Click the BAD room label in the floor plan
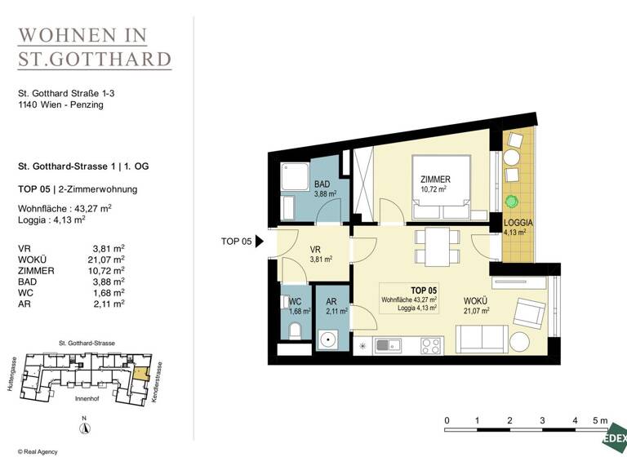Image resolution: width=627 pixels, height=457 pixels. point(322,185)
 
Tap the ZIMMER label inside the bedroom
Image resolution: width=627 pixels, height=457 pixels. point(435,180)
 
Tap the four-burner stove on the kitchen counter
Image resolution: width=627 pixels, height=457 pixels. point(430,345)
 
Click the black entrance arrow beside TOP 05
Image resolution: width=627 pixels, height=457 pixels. point(260,241)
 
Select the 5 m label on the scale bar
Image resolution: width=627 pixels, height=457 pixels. point(602,420)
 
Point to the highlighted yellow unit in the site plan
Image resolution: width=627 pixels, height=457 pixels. point(141,375)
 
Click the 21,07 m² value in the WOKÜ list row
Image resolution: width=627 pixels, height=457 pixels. point(108,260)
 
